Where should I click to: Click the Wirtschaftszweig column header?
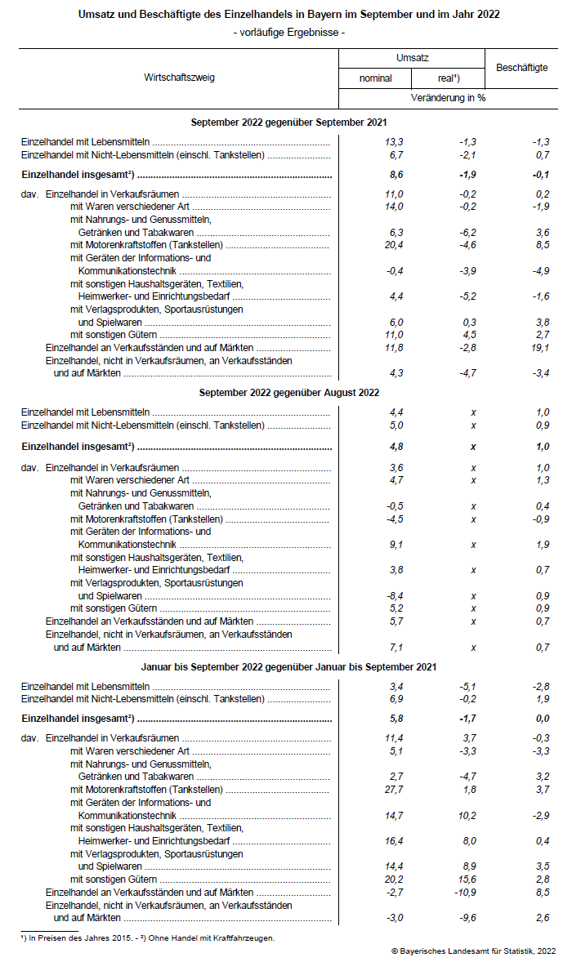pyautogui.click(x=179, y=78)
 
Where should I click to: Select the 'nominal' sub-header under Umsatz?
pyautogui.click(x=375, y=78)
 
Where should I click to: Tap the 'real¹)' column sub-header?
pyautogui.click(x=449, y=78)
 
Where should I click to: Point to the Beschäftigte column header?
pyautogui.click(x=521, y=68)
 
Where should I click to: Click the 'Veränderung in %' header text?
pyautogui.click(x=448, y=98)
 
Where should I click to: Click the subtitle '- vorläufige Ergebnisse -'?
pyautogui.click(x=289, y=32)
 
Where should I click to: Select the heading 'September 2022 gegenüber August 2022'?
pyautogui.click(x=289, y=393)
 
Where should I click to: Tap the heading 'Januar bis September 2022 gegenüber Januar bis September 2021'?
pyautogui.click(x=289, y=667)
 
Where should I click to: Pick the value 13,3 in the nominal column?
pyautogui.click(x=394, y=142)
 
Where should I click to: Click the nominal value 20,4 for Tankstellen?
pyautogui.click(x=394, y=245)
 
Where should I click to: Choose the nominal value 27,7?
pyautogui.click(x=394, y=790)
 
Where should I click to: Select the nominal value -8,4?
pyautogui.click(x=394, y=596)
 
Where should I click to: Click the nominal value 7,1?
pyautogui.click(x=396, y=648)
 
